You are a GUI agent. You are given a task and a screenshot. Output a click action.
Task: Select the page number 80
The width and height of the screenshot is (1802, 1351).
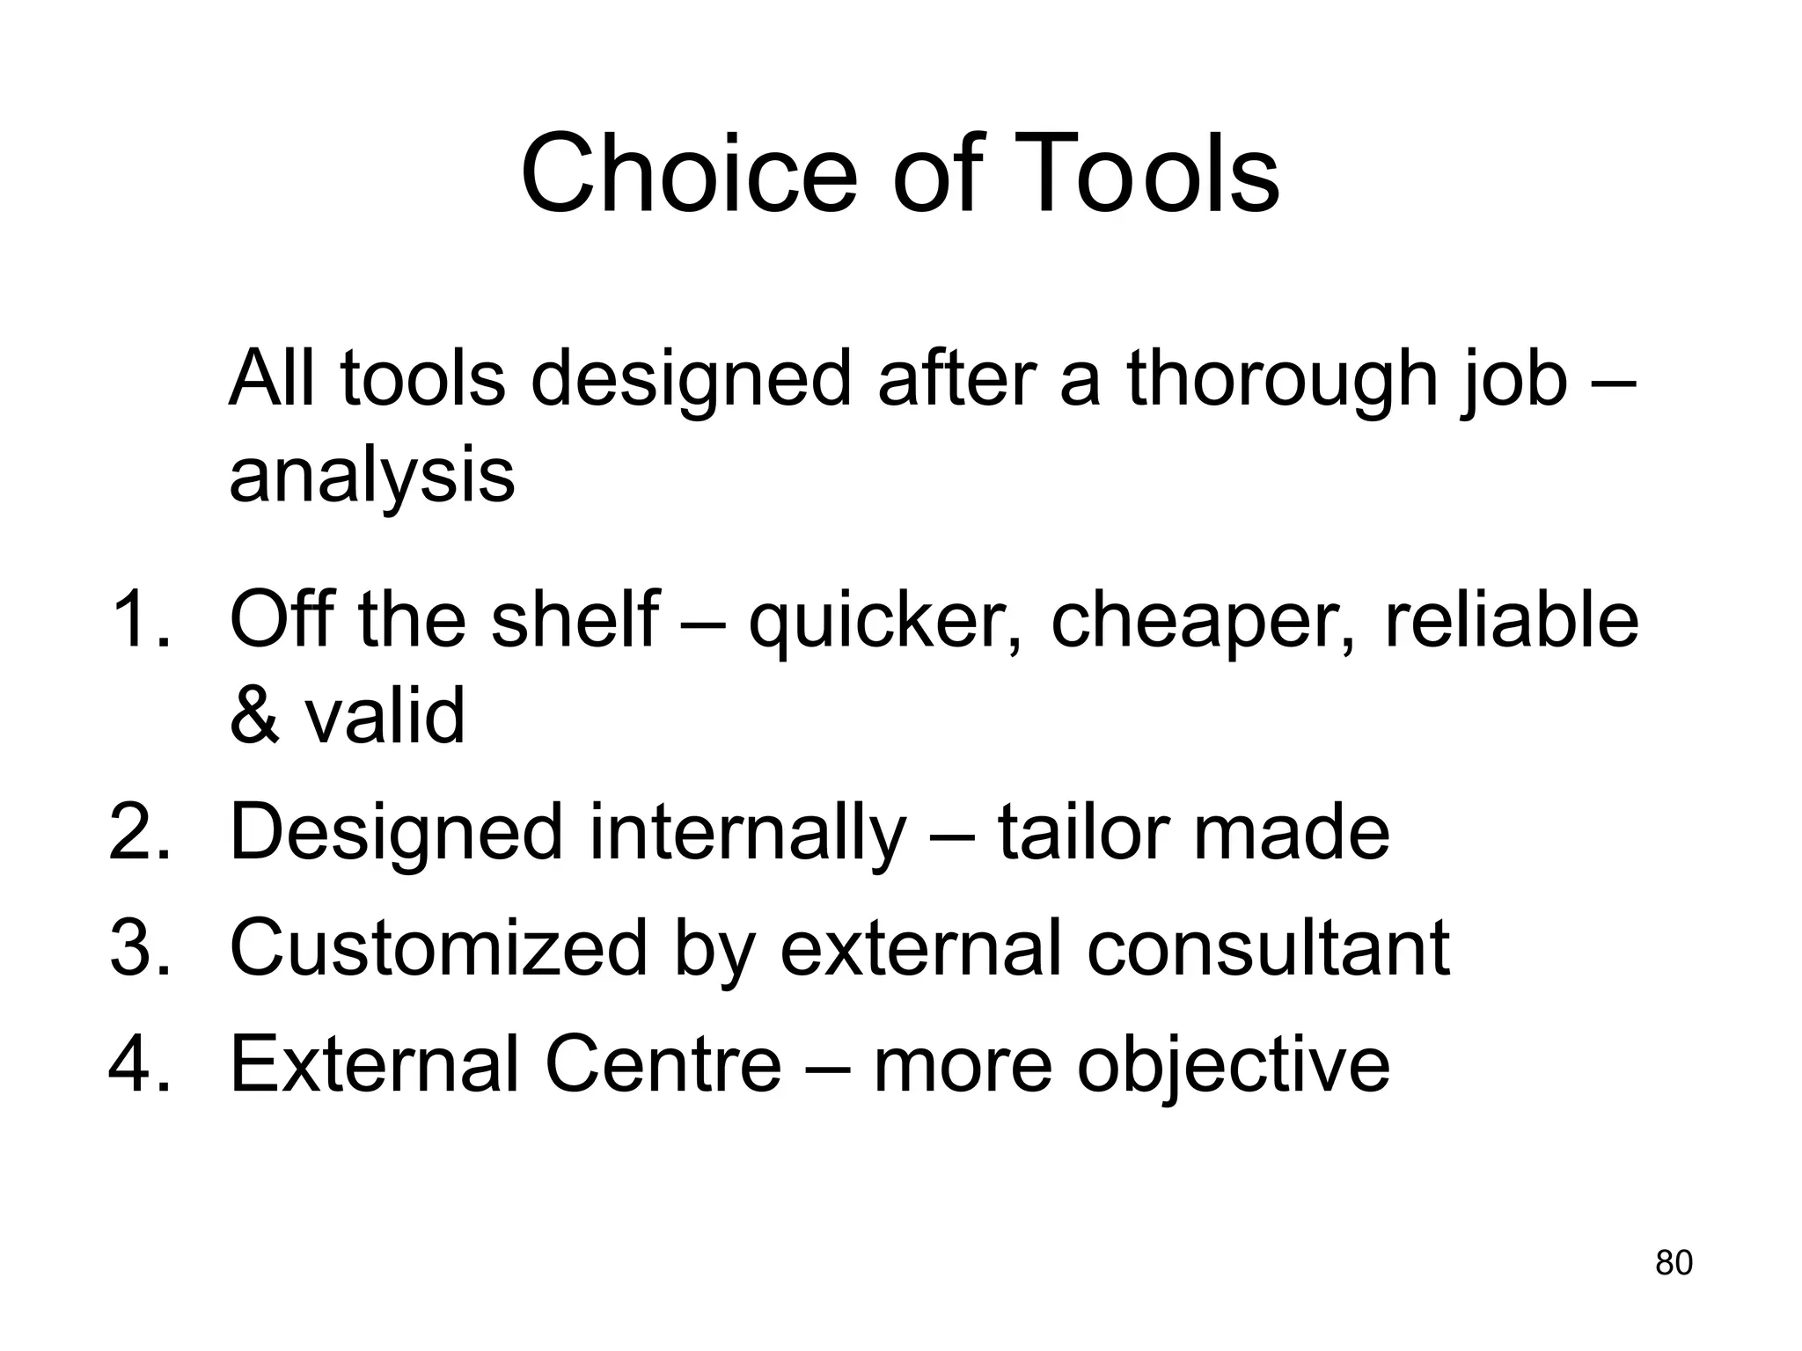click(1674, 1263)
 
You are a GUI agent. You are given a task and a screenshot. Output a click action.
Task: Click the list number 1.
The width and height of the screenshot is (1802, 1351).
click(136, 619)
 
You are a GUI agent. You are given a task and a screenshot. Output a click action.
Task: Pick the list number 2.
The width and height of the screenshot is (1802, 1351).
click(136, 832)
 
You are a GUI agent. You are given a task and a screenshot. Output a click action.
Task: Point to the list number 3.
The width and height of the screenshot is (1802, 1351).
click(136, 948)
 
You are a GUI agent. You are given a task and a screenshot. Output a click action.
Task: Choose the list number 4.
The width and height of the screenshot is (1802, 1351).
click(136, 1064)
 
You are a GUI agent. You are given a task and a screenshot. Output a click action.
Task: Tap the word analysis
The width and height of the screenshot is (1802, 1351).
click(371, 477)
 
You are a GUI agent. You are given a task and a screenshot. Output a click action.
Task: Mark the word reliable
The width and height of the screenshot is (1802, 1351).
click(1510, 619)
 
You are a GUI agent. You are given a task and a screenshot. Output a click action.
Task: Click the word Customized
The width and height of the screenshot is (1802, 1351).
click(438, 948)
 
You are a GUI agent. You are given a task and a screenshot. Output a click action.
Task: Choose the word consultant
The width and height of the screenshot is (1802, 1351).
click(1268, 948)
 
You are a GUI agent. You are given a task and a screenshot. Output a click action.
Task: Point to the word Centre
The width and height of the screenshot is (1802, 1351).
click(663, 1064)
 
